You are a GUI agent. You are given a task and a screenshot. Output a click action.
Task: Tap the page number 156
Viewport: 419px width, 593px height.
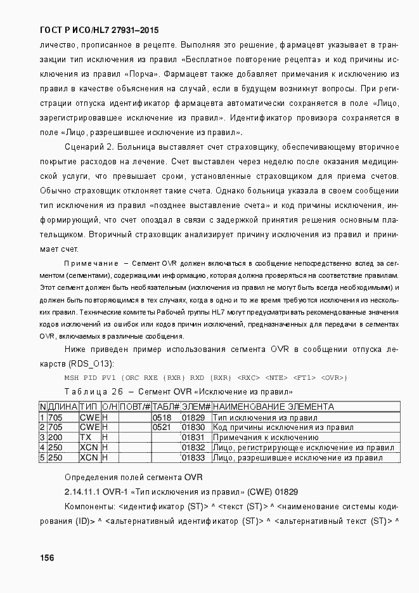pos(46,557)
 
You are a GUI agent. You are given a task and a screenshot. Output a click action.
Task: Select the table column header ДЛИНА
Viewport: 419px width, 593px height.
pos(63,407)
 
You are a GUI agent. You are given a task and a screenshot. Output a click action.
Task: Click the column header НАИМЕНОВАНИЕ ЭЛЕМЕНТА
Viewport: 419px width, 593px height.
pos(273,407)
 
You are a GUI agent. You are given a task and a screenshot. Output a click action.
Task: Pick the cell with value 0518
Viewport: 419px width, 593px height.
pos(162,417)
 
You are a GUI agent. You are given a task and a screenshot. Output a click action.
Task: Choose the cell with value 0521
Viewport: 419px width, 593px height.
pos(162,427)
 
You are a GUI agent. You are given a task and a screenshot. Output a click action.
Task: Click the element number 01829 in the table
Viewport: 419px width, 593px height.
pos(193,417)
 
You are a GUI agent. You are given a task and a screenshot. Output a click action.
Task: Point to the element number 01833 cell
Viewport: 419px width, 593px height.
pos(193,457)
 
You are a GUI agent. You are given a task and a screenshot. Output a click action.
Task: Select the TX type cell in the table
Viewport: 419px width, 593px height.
pos(85,438)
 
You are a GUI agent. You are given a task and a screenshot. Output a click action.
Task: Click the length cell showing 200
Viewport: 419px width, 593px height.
pos(56,438)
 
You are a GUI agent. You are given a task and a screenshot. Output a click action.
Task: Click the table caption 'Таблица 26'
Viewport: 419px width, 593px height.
pos(93,391)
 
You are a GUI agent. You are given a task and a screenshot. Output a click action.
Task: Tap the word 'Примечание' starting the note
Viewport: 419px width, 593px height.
pos(91,263)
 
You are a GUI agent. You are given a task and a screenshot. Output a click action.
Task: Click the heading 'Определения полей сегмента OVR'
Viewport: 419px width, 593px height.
pos(133,477)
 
